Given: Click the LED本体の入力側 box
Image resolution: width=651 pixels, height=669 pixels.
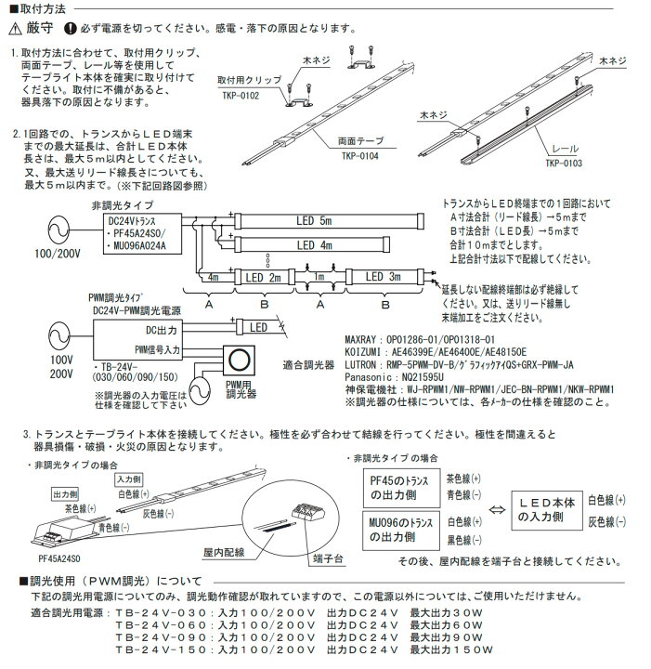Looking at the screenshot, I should (x=548, y=508).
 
